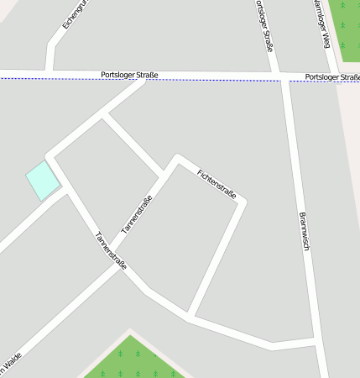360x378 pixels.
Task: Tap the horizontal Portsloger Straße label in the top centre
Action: pyautogui.click(x=128, y=76)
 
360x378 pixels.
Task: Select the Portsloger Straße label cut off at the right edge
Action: pyautogui.click(x=332, y=77)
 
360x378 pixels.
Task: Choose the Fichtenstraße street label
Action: pyautogui.click(x=217, y=185)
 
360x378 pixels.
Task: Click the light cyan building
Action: pyautogui.click(x=42, y=181)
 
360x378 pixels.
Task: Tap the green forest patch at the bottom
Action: pyautogui.click(x=133, y=361)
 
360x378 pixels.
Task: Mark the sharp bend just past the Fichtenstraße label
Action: pyautogui.click(x=244, y=202)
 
